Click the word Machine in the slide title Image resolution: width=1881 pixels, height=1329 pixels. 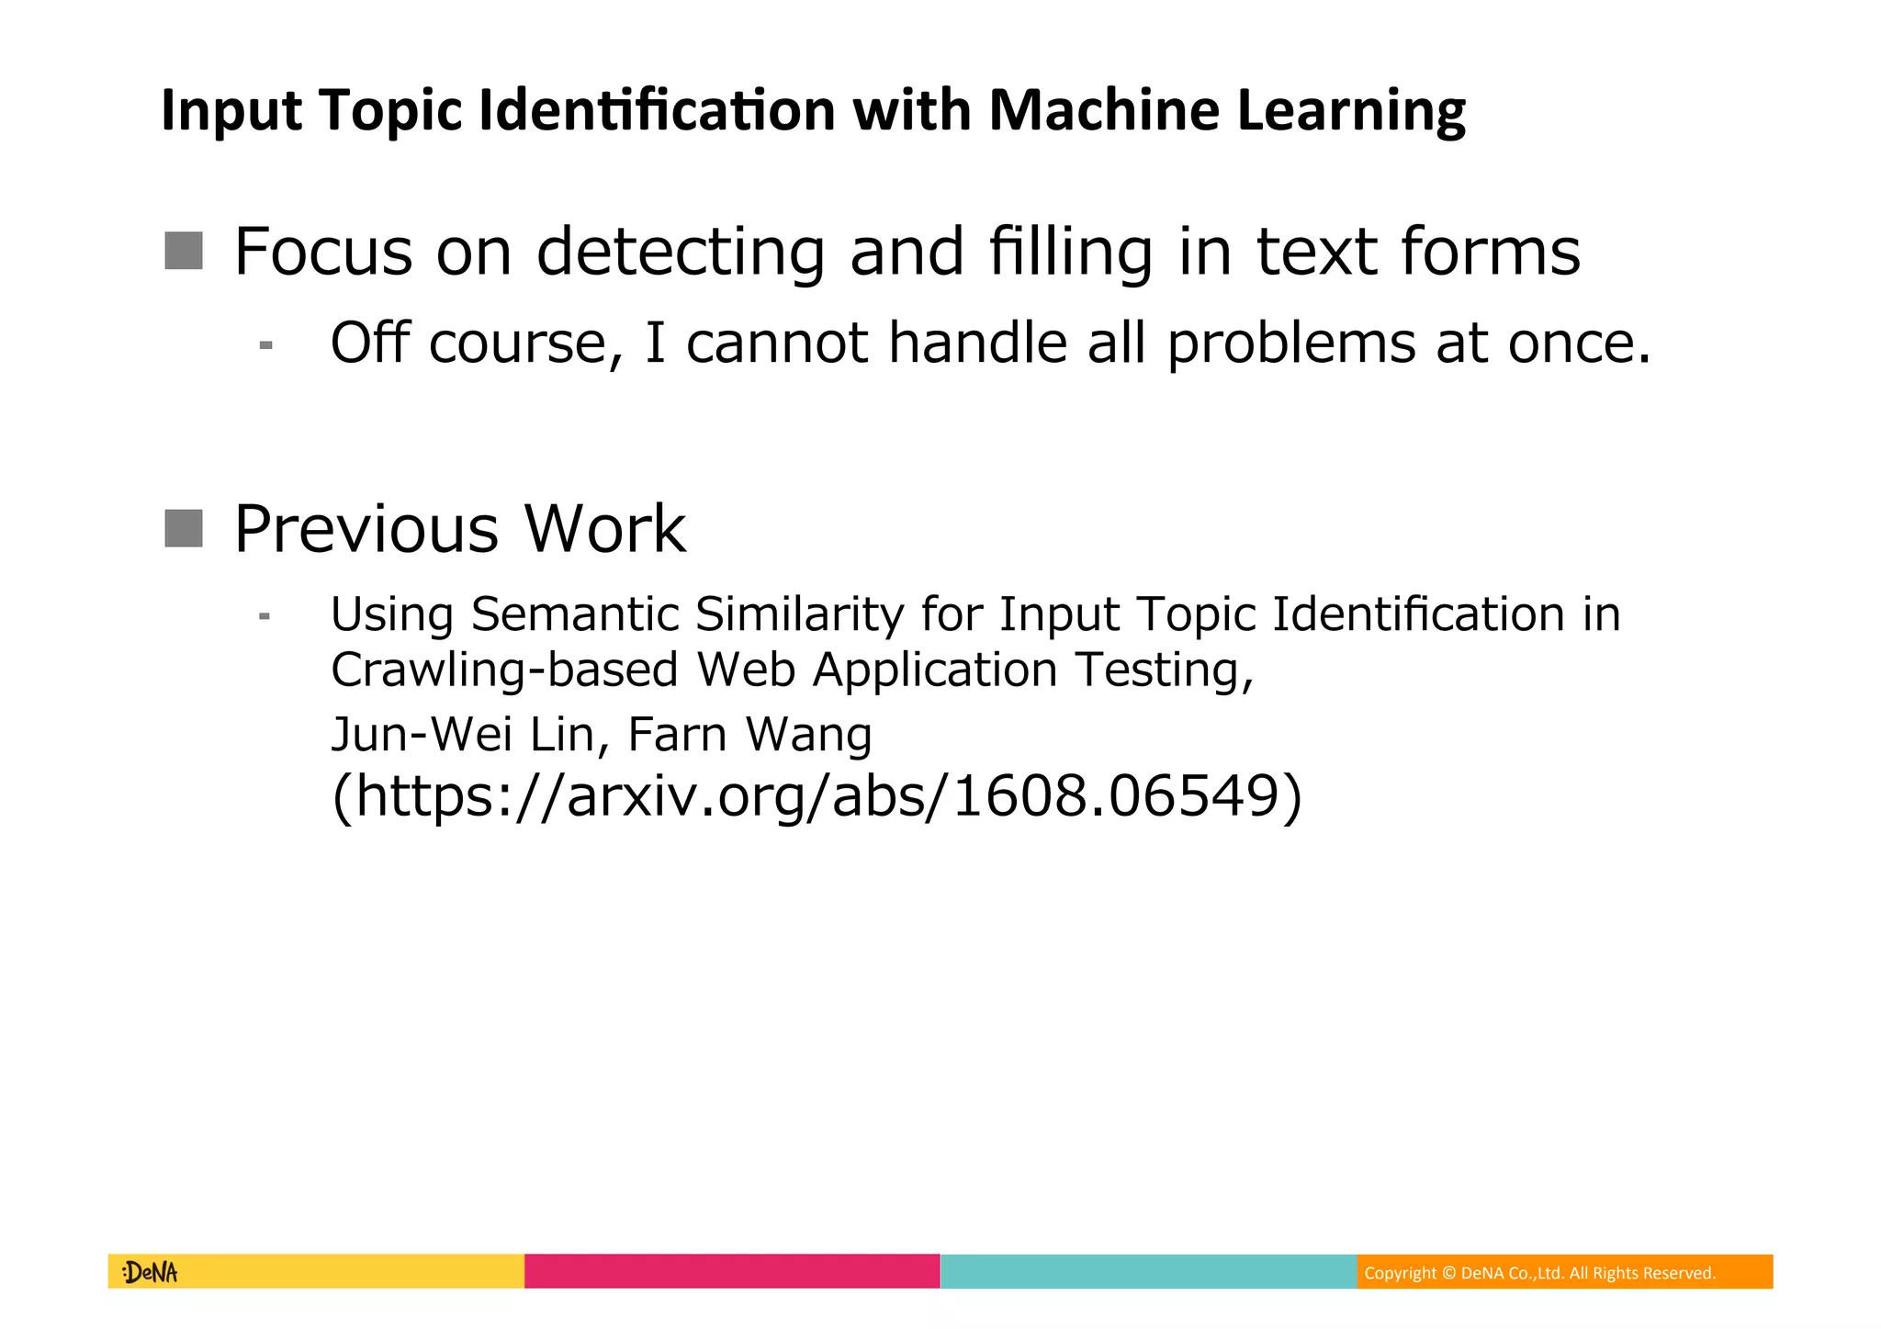1104,111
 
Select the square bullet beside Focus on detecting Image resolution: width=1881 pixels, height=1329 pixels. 184,251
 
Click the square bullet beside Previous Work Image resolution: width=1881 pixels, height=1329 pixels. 184,528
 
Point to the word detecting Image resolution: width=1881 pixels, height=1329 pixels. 681,253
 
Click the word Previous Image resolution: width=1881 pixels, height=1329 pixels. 366,530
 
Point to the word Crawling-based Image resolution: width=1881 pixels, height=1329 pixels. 504,670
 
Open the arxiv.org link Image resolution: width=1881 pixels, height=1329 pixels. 817,795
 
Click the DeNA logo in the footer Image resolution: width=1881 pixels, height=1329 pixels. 150,1272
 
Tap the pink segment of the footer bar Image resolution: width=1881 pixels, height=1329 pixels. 732,1272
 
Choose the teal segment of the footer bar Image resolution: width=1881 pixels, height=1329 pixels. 1148,1272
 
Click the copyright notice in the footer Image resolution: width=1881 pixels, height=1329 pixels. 1539,1273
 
